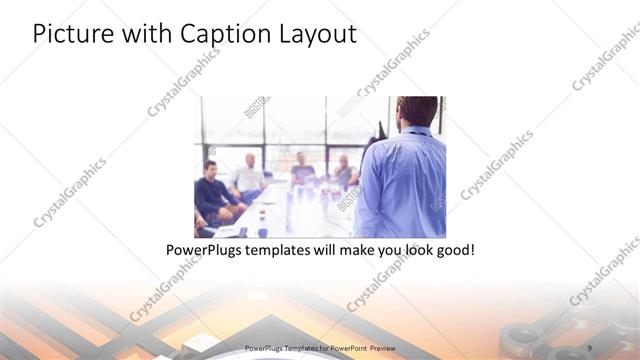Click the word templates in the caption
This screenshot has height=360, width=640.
click(279, 249)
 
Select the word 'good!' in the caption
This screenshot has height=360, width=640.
click(451, 249)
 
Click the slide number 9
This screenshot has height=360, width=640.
click(590, 347)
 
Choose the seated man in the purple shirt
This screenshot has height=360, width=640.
click(302, 171)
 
